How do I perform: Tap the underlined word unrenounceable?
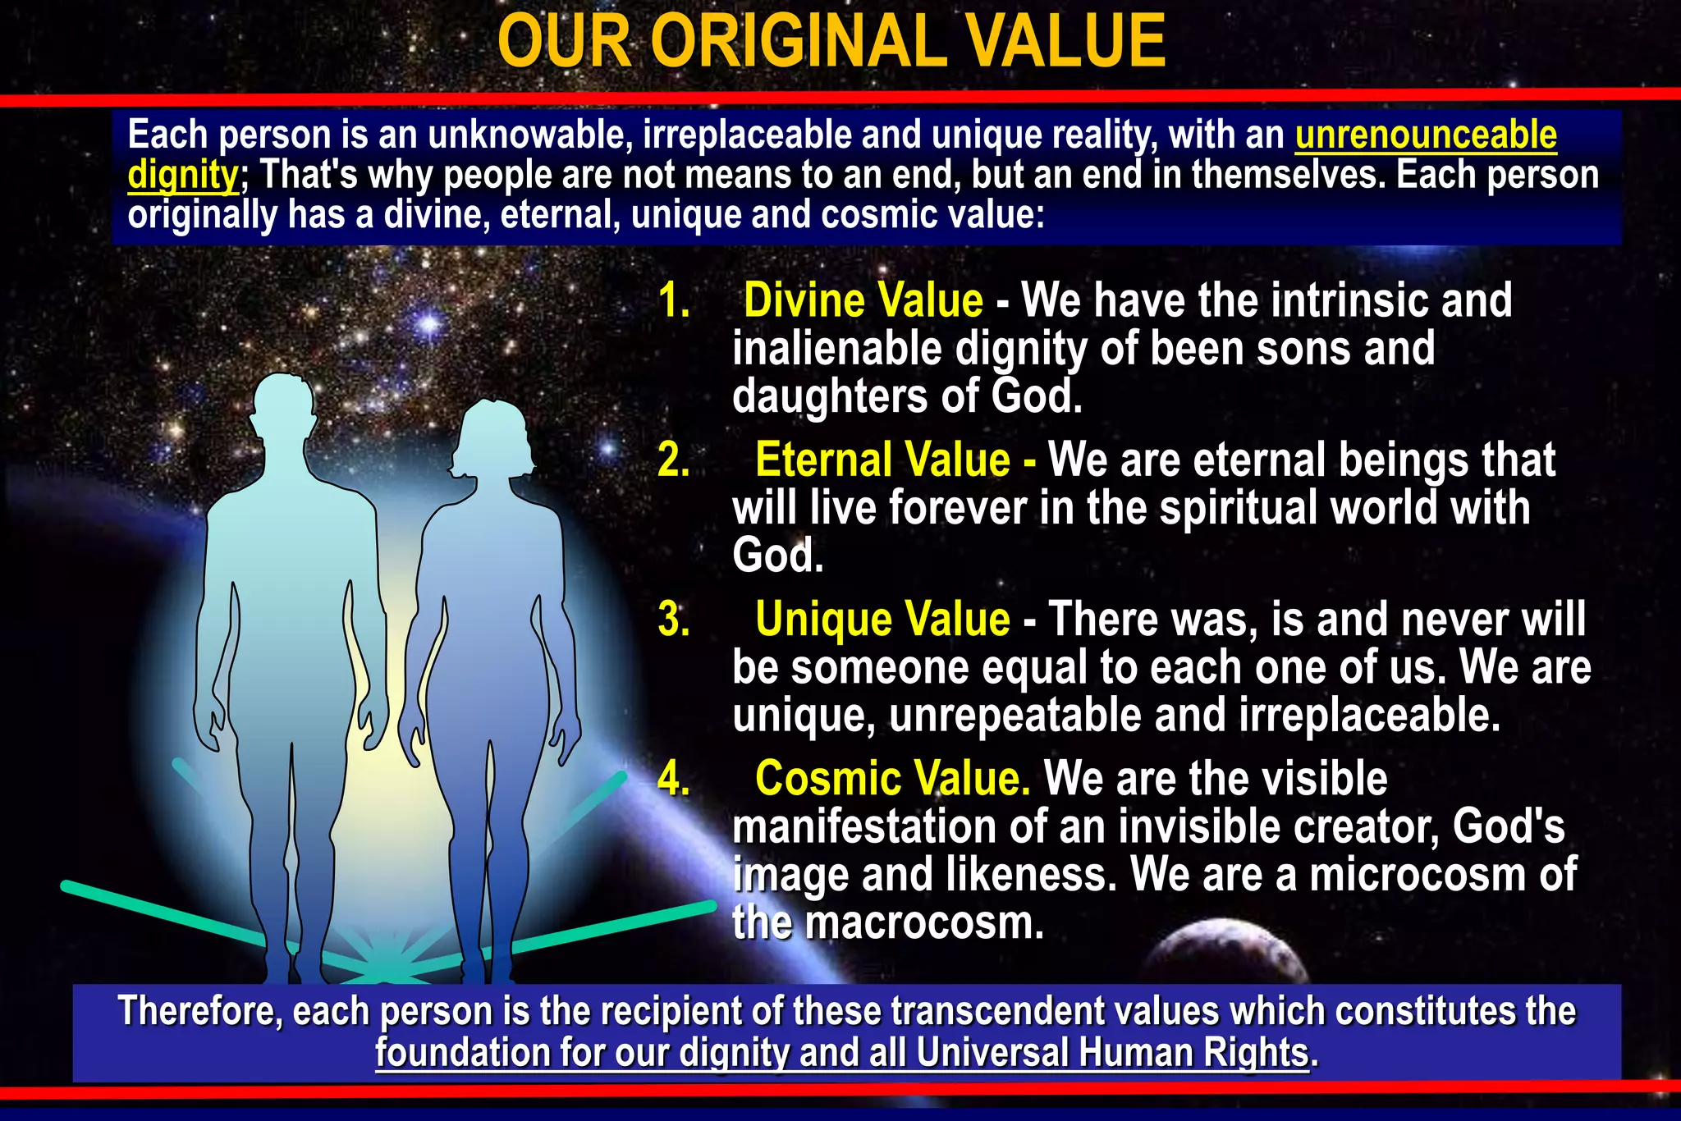[x=1426, y=135]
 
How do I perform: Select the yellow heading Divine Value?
[x=863, y=300]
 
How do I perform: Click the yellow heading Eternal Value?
[x=882, y=460]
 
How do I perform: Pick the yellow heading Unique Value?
[x=882, y=619]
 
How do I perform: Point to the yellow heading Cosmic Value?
[x=892, y=778]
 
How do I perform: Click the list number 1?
[x=674, y=300]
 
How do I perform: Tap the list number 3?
[x=674, y=619]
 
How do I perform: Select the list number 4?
[x=674, y=778]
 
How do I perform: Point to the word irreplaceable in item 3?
[x=1369, y=716]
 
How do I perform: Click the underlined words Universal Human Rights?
[x=1112, y=1053]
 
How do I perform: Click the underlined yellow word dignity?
[x=182, y=176]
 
